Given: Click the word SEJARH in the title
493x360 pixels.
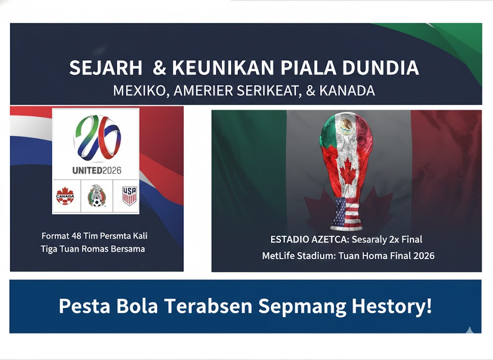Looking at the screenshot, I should [x=106, y=68].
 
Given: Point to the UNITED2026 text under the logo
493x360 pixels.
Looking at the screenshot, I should [x=96, y=170].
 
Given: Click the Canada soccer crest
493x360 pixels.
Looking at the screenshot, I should [x=65, y=196].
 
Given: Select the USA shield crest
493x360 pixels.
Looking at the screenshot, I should [x=129, y=196].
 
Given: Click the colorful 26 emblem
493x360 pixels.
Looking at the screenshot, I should [x=97, y=139].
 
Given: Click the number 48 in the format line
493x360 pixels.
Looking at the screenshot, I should [x=76, y=236].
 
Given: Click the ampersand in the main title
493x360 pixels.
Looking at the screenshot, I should [x=158, y=68].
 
